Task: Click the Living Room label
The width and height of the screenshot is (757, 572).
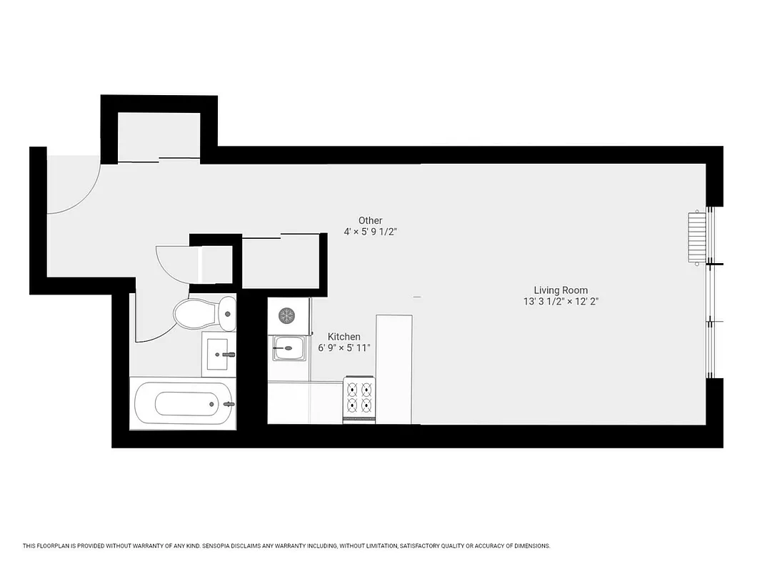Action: pos(561,290)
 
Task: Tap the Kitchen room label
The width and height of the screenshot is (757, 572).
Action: pos(344,337)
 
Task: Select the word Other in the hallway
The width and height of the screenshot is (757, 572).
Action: pos(371,220)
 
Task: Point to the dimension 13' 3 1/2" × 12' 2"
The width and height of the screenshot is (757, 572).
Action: pos(561,302)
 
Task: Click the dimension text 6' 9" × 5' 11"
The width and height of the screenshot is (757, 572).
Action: pos(344,348)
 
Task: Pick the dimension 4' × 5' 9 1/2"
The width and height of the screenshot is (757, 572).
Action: pos(371,232)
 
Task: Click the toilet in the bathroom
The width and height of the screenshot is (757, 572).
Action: pos(205,313)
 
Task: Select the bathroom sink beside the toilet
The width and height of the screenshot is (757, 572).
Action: pos(218,354)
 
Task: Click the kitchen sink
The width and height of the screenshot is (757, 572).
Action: pos(289,348)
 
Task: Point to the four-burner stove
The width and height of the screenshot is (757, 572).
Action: pos(359,398)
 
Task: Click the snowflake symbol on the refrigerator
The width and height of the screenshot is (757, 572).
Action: pos(286,315)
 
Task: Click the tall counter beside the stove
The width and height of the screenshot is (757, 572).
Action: pos(394,368)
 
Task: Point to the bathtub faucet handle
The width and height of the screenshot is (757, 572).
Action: pos(229,404)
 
